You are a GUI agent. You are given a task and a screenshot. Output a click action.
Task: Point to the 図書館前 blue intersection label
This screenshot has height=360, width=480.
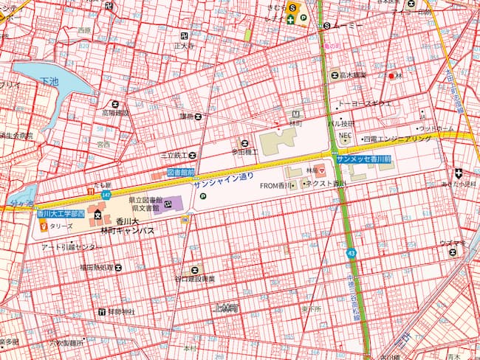coord(180,172)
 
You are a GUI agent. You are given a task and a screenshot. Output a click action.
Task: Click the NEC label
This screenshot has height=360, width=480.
coord(343,136)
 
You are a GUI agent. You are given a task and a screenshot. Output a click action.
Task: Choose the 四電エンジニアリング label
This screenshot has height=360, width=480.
coord(396,138)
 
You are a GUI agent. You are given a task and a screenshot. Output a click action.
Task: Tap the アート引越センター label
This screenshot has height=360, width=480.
coord(68,246)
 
